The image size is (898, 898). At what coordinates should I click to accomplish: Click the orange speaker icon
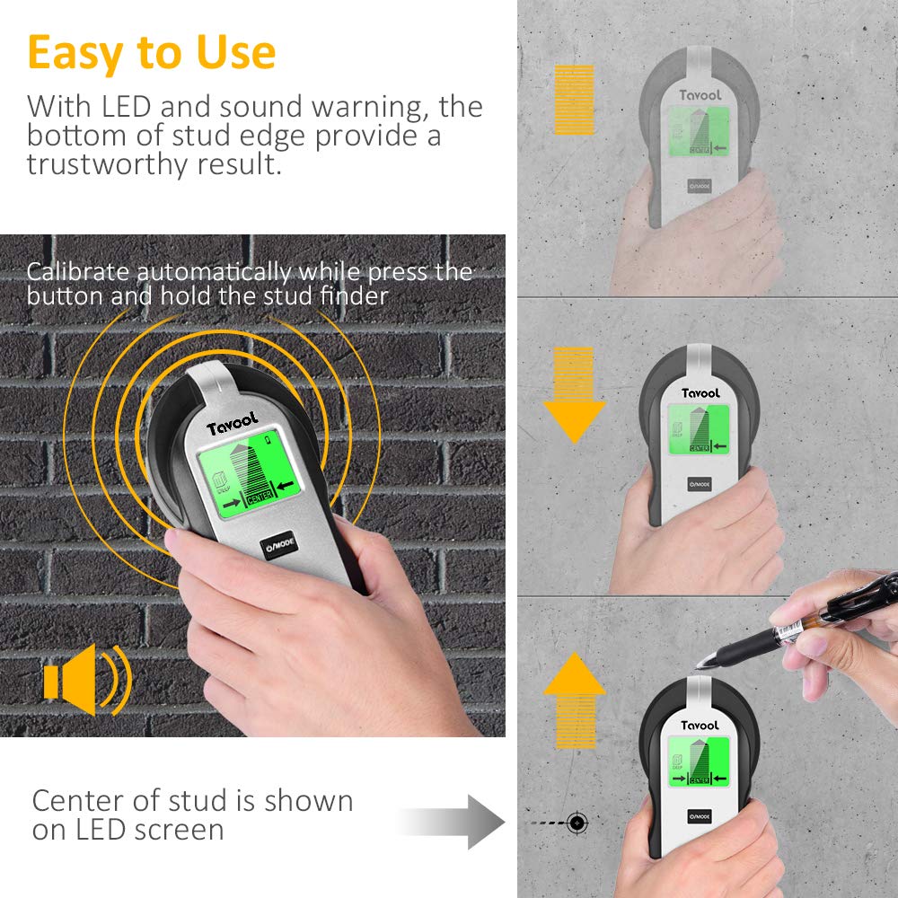coord(85,679)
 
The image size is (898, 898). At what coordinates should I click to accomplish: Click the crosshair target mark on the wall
coord(577,822)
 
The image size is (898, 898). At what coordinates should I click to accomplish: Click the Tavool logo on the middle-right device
coord(700,392)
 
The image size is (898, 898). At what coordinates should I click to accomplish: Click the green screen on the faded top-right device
coord(700,130)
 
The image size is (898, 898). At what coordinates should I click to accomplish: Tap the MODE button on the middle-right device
coord(700,483)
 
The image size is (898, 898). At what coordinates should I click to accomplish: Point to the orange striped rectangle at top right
coord(575,99)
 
